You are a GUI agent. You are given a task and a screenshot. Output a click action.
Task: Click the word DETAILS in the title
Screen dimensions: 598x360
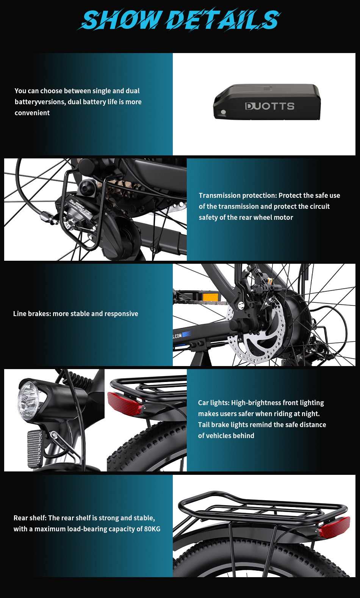tap(224, 20)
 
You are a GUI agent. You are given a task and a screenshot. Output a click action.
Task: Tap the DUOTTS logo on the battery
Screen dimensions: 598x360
tap(270, 106)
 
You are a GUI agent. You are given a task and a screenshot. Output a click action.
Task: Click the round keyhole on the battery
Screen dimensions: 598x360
tap(223, 113)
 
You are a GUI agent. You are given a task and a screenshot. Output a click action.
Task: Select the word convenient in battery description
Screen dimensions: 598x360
tap(32, 113)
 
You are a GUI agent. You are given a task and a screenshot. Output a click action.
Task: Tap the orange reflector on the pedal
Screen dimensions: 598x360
tap(210, 296)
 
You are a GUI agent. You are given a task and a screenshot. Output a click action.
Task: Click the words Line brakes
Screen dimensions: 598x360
tap(31, 314)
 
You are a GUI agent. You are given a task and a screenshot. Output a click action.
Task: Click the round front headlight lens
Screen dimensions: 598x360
tap(28, 400)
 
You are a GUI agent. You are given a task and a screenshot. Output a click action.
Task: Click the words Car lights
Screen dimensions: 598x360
tap(213, 403)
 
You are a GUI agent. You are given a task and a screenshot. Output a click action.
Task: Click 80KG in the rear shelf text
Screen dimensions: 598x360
tap(152, 529)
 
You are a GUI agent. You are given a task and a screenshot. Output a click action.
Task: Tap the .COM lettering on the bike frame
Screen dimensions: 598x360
tap(178, 336)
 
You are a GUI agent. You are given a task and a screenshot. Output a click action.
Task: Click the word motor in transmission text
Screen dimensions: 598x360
tap(283, 218)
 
